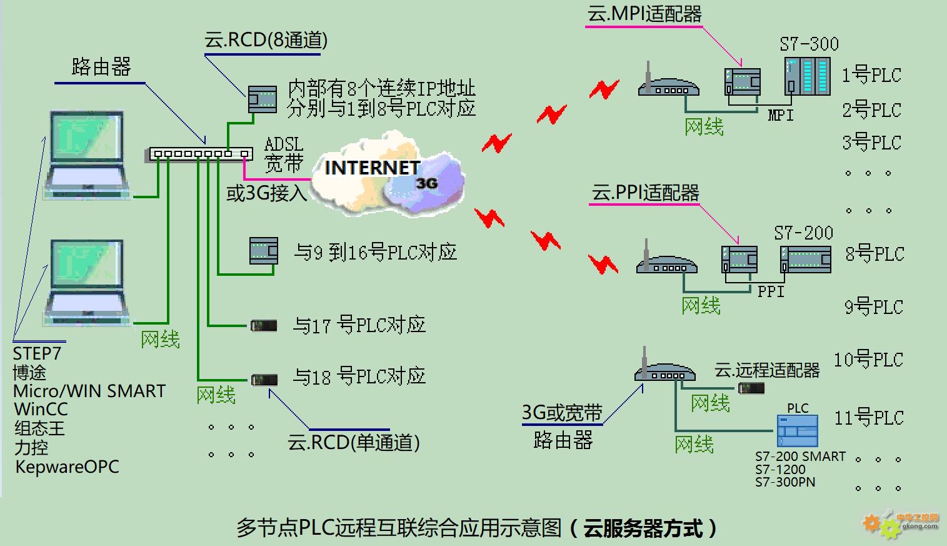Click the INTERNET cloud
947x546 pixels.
click(x=388, y=173)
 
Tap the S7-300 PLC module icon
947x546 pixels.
click(x=808, y=76)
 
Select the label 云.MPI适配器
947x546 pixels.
click(x=644, y=14)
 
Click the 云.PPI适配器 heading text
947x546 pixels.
click(x=645, y=193)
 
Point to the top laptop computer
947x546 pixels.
click(x=87, y=154)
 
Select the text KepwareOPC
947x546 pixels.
click(x=68, y=467)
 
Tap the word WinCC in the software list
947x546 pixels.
click(x=41, y=410)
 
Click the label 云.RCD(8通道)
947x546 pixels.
click(x=266, y=40)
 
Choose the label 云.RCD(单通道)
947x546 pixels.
click(x=354, y=443)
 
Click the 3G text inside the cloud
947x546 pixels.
click(x=426, y=183)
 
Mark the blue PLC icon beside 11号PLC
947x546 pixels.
click(x=798, y=431)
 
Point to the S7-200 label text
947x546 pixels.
click(x=804, y=233)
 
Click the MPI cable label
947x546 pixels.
click(x=781, y=116)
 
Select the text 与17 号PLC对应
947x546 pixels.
click(x=359, y=325)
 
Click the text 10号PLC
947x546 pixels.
click(x=868, y=360)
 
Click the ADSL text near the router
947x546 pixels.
click(x=284, y=144)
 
